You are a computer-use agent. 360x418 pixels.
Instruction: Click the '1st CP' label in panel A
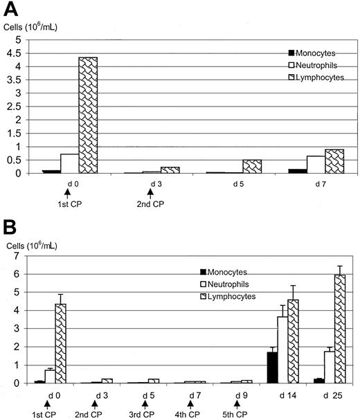click(x=69, y=206)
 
